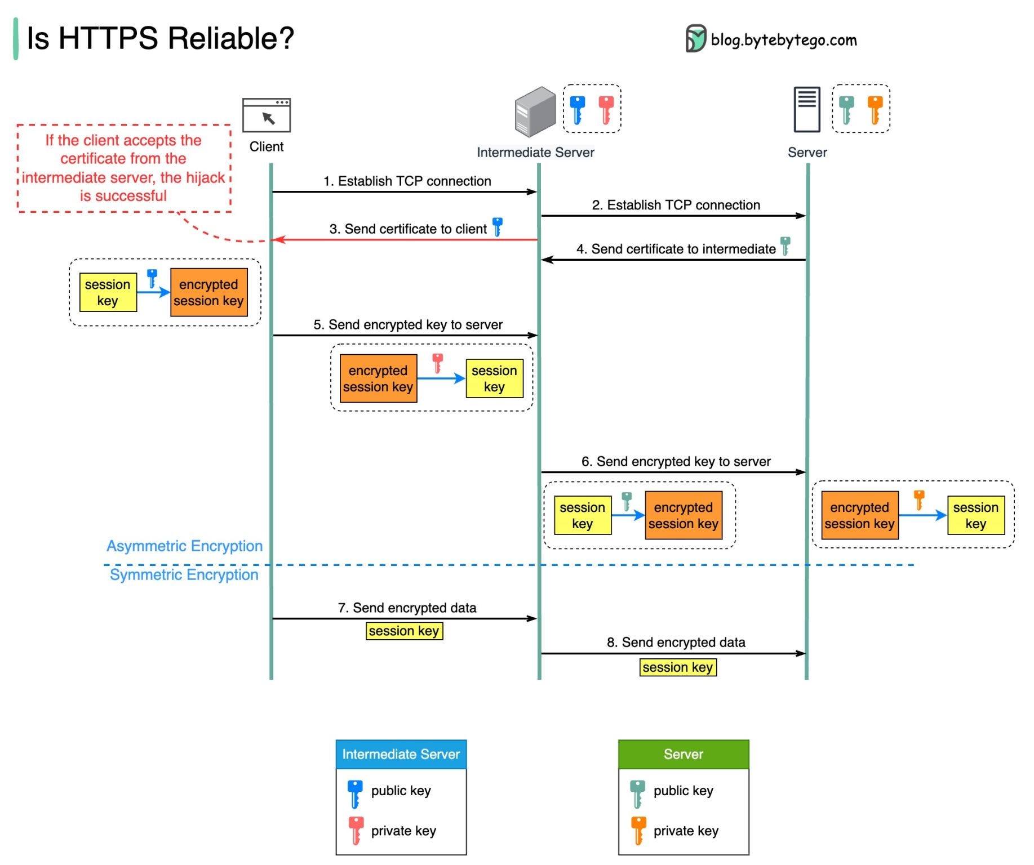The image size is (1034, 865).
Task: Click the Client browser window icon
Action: [x=266, y=115]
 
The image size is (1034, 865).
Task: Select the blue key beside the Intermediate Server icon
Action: [x=577, y=109]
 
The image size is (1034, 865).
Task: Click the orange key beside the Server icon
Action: [x=875, y=109]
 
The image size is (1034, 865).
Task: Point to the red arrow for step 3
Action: [x=405, y=240]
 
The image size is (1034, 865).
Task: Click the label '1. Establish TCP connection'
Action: [x=407, y=181]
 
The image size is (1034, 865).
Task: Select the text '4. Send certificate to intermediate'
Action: [x=676, y=249]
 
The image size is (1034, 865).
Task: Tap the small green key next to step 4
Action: [x=785, y=246]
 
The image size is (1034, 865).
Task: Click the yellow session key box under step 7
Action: [x=404, y=631]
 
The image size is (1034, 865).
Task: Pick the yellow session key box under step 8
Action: [x=677, y=667]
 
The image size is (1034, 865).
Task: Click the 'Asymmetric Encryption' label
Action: [x=184, y=546]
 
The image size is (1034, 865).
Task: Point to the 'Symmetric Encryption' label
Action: [x=184, y=574]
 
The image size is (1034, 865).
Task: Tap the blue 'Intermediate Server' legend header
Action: [x=401, y=754]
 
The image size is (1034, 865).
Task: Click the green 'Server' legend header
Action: [x=683, y=754]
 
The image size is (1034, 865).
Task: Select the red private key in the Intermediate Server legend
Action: [x=356, y=830]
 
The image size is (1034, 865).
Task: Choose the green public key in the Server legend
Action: [x=637, y=793]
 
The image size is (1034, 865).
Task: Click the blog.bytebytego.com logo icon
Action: [x=695, y=39]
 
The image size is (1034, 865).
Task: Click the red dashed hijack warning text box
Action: [x=123, y=168]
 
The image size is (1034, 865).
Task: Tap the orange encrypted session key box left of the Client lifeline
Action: [x=208, y=292]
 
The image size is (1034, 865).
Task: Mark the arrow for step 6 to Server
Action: [x=673, y=472]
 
